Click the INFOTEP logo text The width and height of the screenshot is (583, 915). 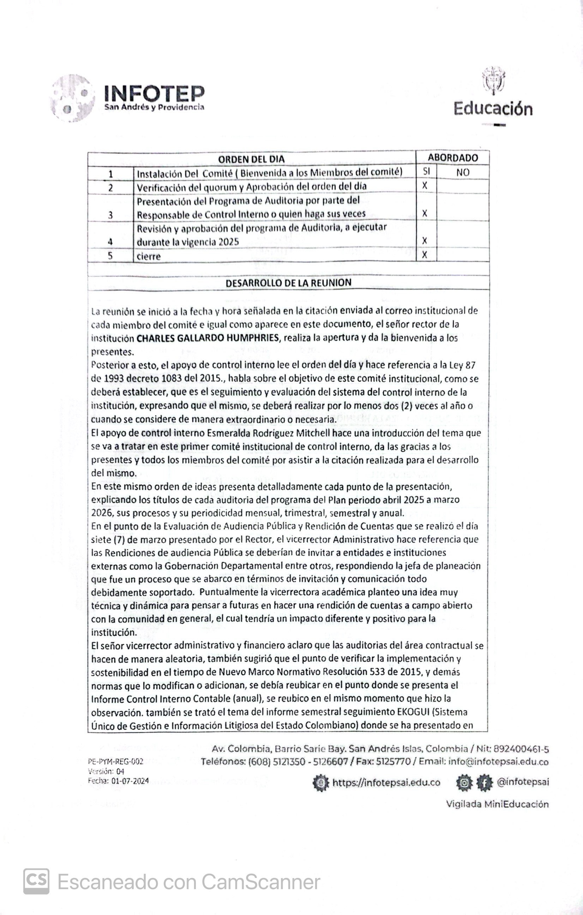tap(154, 93)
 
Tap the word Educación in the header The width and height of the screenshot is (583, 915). tap(493, 109)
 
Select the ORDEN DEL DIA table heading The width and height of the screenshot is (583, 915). tap(251, 159)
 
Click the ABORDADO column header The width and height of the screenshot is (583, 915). tap(453, 158)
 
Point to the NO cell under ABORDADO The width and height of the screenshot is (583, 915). tap(463, 173)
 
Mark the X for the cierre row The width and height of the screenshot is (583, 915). tap(425, 255)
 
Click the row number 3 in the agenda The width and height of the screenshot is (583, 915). tap(110, 215)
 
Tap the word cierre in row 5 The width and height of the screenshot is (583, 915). tap(149, 257)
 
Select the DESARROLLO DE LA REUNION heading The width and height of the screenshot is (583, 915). tap(288, 283)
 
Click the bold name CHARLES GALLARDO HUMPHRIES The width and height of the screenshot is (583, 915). tap(208, 338)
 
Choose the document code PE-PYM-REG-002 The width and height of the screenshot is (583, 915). tap(115, 761)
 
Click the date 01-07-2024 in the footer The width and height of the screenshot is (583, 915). tap(130, 781)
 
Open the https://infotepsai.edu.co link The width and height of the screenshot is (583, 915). tap(386, 782)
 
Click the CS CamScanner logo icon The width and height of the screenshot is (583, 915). tap(36, 881)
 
